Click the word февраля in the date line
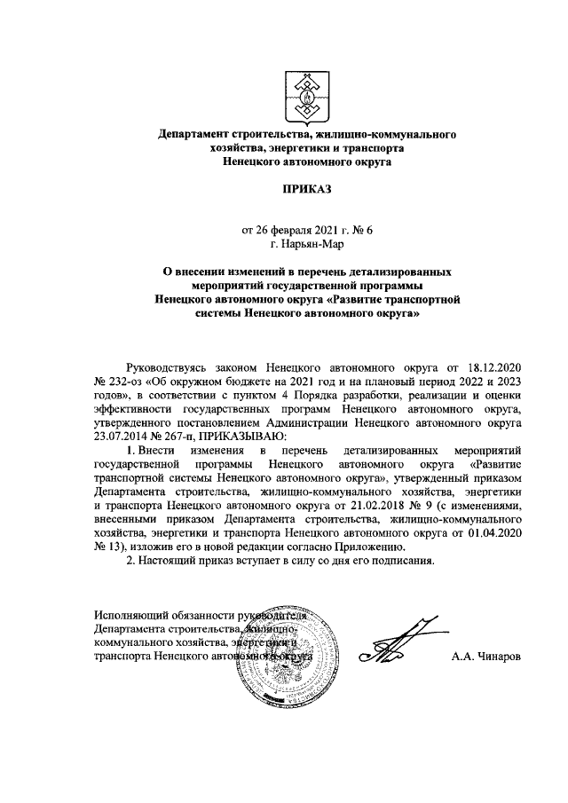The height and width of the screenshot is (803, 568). point(287,230)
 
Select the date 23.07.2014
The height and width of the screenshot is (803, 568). point(122,437)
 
